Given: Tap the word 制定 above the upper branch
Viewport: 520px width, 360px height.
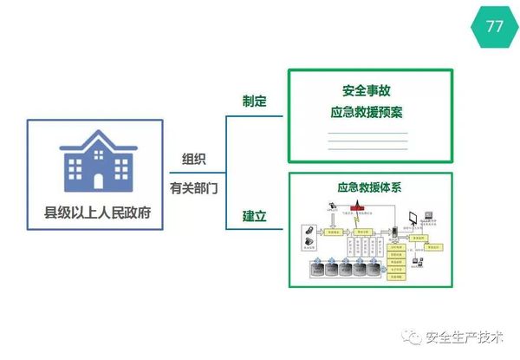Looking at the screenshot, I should click(254, 101).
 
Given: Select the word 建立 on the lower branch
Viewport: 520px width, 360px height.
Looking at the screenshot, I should click(254, 215).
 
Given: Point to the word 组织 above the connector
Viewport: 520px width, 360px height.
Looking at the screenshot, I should click(194, 159).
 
